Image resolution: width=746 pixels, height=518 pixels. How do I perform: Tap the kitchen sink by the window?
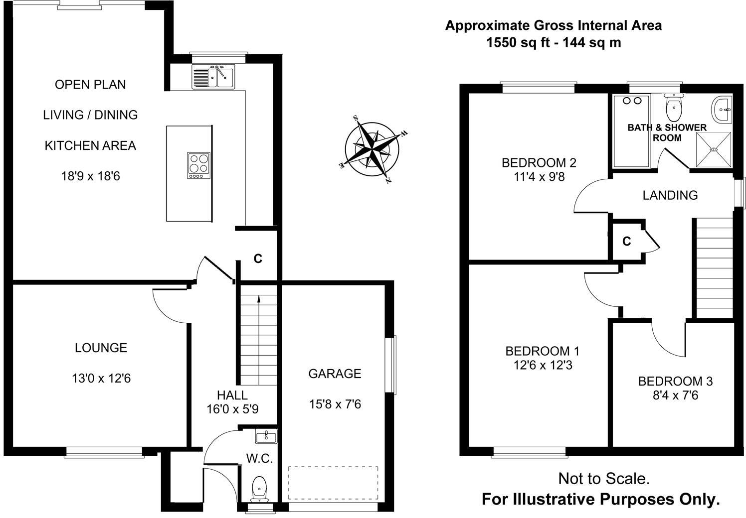[x=213, y=77]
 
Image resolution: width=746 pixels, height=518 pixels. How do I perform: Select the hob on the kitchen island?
[x=199, y=165]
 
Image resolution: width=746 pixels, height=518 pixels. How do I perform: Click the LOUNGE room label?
[x=101, y=348]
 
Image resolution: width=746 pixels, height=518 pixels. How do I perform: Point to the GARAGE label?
[x=335, y=374]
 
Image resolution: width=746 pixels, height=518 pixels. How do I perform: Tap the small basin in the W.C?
[x=266, y=437]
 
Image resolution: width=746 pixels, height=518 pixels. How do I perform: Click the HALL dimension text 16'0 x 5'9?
[x=232, y=409]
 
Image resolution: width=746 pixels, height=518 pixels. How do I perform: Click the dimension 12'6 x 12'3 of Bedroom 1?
[x=543, y=365]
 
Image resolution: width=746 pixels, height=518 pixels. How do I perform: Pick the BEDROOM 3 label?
[x=675, y=381]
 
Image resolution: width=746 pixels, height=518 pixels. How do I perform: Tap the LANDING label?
[x=670, y=195]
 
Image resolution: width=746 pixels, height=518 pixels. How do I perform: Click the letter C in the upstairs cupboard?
[x=627, y=242]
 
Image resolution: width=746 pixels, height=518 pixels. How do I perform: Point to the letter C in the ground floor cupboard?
[x=258, y=259]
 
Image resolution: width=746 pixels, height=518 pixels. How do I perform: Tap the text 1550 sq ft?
[x=518, y=42]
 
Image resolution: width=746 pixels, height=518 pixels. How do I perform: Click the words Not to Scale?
[x=603, y=479]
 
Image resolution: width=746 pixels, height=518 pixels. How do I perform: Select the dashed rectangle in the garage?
[x=333, y=483]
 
